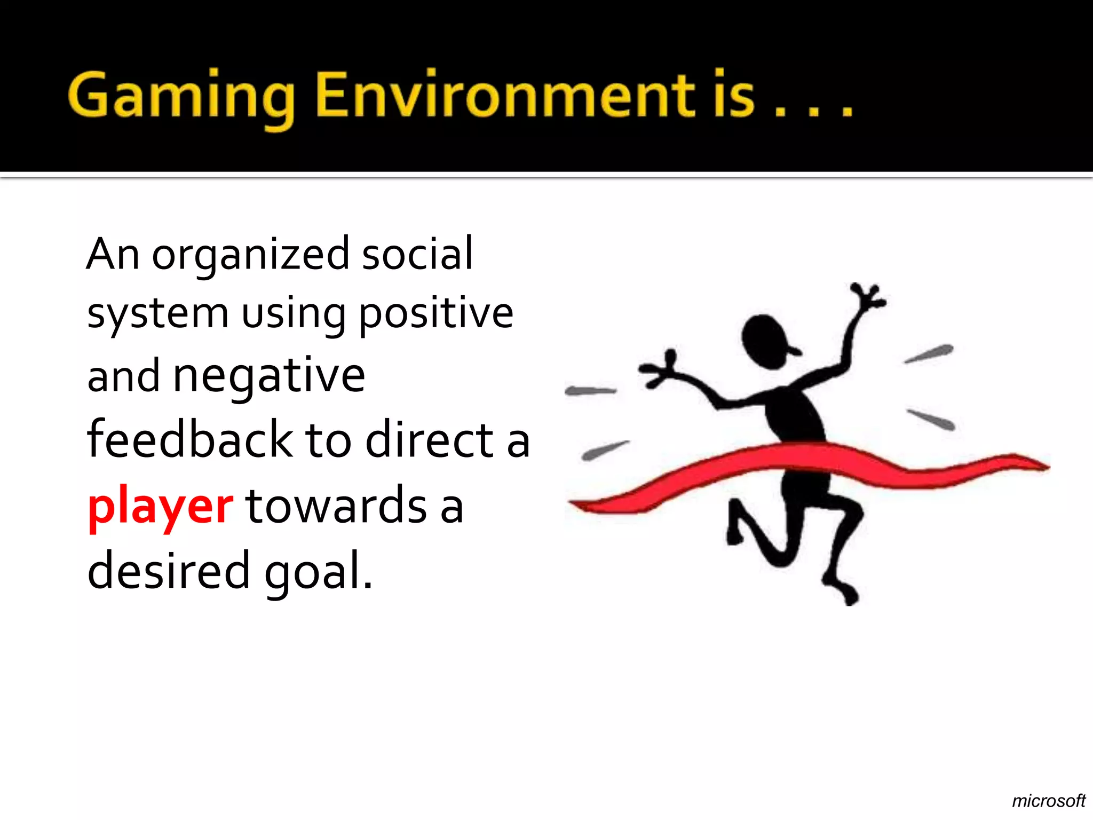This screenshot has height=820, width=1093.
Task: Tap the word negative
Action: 269,377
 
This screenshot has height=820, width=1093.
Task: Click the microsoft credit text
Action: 1048,801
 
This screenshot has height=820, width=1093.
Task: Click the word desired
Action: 168,571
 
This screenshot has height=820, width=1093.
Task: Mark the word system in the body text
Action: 158,315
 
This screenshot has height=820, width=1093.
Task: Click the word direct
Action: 430,440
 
